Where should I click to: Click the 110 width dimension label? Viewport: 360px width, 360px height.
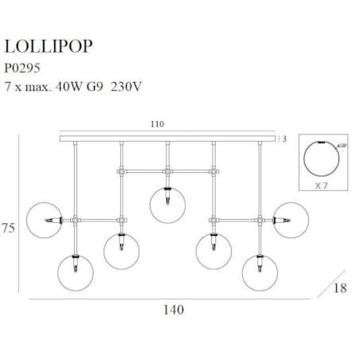click(x=168, y=125)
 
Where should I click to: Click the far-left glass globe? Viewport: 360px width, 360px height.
click(x=43, y=220)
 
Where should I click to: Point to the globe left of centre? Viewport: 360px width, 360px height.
click(x=122, y=251)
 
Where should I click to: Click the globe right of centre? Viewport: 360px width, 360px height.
click(x=213, y=251)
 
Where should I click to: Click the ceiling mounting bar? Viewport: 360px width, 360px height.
click(x=168, y=139)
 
